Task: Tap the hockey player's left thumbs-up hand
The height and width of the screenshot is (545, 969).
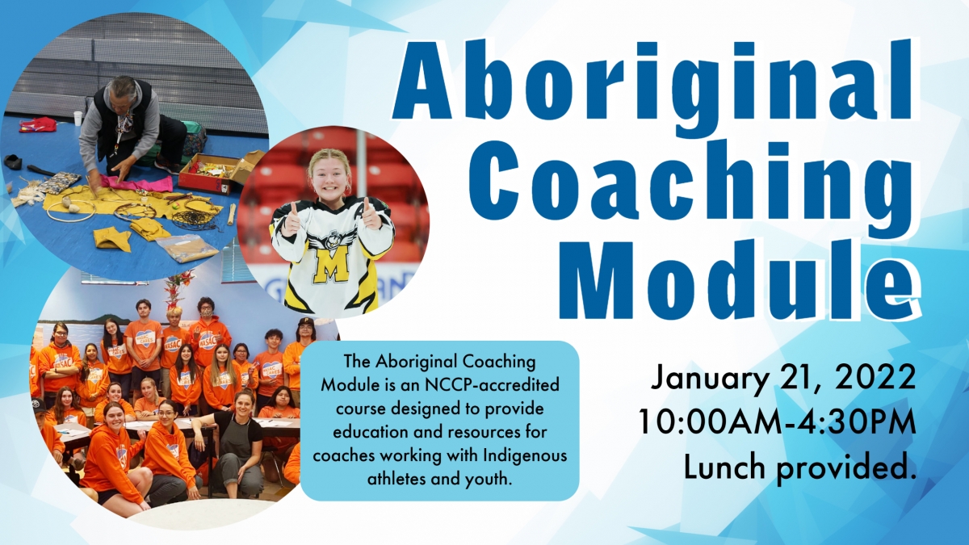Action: point(371,214)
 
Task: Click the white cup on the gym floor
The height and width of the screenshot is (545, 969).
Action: point(78,118)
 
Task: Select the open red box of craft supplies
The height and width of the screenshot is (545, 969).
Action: point(208,172)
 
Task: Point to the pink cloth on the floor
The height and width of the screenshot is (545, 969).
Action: point(138,182)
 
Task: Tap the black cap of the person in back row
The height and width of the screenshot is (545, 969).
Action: point(305,322)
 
